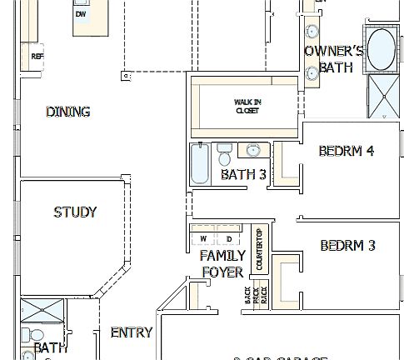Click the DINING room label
pos(68,112)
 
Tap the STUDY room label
pos(75,212)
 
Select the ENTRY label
pos(132,332)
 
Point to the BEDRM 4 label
pos(347,152)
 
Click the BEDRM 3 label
pos(347,246)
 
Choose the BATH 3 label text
pos(243,175)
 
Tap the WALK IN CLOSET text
pos(247,106)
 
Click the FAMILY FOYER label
pos(222,263)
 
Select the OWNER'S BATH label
pos(335,59)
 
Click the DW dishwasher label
pos(81,14)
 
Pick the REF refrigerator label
pos(37,57)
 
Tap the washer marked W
pos(202,239)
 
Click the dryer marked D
pos(229,239)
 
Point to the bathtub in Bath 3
pos(200,164)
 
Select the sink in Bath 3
pos(253,150)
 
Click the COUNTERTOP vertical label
pos(259,248)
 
